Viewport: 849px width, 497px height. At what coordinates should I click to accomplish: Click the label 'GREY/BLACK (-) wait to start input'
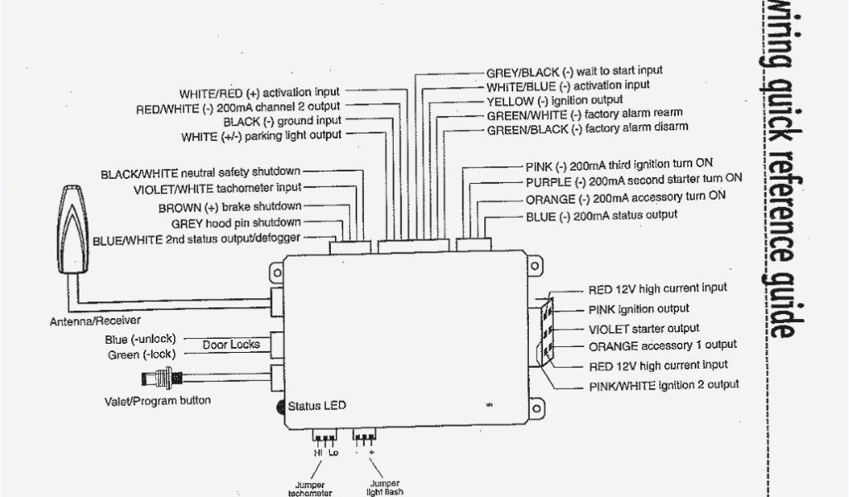tap(575, 72)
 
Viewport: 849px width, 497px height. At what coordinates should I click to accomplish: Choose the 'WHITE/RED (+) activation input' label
tap(259, 93)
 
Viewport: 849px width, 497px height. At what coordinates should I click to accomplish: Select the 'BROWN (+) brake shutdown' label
tap(230, 207)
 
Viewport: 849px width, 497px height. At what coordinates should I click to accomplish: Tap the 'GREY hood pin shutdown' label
tap(236, 223)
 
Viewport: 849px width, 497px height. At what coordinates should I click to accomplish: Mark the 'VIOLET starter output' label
tap(643, 329)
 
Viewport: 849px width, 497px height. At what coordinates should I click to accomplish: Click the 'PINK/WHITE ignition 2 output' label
tap(663, 385)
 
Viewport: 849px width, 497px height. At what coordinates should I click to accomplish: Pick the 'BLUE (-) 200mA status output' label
tap(601, 215)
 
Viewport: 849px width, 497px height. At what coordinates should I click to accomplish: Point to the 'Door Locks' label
tap(231, 345)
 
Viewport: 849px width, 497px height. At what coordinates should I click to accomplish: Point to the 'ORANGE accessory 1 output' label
tap(662, 345)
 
